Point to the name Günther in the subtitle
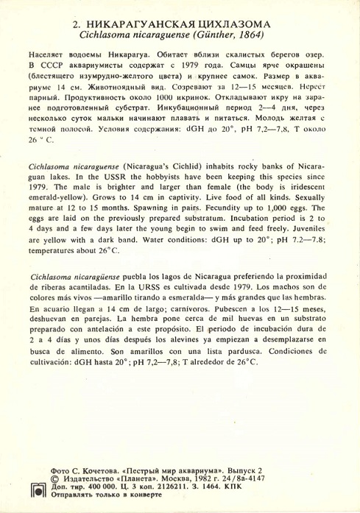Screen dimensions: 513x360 209,35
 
